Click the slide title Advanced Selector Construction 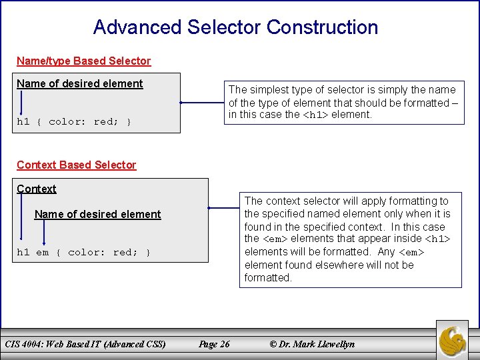coord(235,27)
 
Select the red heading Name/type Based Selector coord(83,61)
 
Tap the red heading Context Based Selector coord(76,165)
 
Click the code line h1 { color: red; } coord(74,121)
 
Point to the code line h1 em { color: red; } coord(84,252)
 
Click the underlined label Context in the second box coord(37,189)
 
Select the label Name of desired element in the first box coord(80,83)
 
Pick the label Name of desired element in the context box coord(97,214)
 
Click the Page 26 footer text coord(214,344)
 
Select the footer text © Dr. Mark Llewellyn coord(312,344)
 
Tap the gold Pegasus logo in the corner coord(453,341)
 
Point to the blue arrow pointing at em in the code coord(43,233)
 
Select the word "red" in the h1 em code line coord(123,252)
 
